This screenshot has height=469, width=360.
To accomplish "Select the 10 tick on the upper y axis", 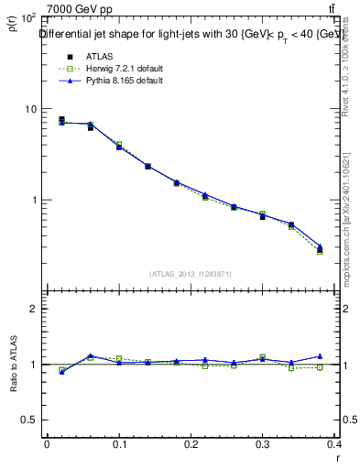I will [x=29, y=109].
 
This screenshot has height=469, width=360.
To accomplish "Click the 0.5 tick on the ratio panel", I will [x=27, y=420].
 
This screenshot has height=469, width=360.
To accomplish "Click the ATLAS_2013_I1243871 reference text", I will [x=191, y=274].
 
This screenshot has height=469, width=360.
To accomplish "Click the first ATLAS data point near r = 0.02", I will [x=61, y=120].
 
